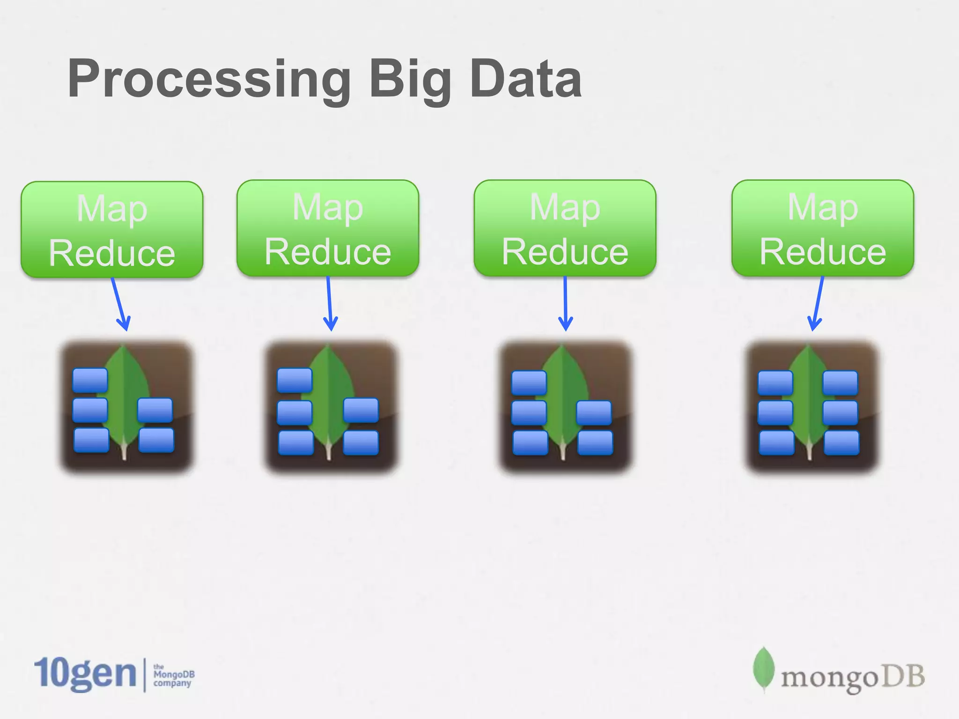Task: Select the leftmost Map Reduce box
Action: click(112, 229)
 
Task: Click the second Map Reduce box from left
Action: click(328, 228)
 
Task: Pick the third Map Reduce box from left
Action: click(565, 228)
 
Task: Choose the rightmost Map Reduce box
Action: click(823, 228)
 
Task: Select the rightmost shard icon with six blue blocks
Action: click(811, 406)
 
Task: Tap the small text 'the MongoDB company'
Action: click(173, 675)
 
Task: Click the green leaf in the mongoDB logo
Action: click(763, 668)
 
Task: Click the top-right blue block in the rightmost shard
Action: click(840, 383)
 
